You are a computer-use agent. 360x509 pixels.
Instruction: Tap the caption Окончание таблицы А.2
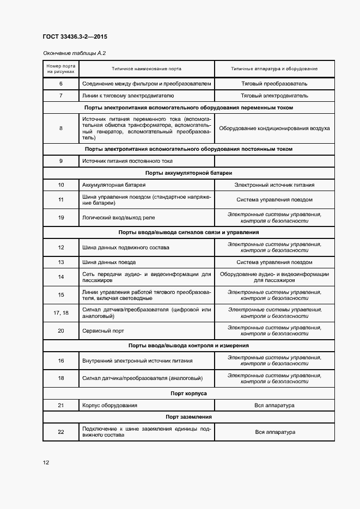point(74,53)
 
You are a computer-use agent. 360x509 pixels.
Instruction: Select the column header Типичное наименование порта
point(147,69)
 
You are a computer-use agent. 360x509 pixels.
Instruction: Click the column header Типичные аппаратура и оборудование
point(274,69)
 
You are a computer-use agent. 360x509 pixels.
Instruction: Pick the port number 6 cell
point(61,84)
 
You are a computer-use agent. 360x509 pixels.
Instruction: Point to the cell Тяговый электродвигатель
point(274,95)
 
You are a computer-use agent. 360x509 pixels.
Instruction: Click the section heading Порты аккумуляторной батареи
point(188,173)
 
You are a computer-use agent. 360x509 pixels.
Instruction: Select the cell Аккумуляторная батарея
point(109,185)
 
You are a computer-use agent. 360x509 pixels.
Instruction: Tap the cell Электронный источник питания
point(274,185)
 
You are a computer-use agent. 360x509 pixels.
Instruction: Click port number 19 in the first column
point(61,217)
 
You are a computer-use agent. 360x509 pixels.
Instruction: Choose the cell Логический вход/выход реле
point(118,217)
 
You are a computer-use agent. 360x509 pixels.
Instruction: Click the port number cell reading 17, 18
point(61,312)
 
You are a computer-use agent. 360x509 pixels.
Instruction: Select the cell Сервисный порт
point(103,330)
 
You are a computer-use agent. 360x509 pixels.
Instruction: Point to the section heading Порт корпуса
point(188,393)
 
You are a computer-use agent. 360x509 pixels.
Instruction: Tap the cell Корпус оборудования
point(109,406)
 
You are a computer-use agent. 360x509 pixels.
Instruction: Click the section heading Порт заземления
point(188,417)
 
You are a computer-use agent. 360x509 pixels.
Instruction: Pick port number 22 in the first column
point(61,432)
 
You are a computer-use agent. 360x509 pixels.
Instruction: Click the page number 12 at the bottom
point(46,463)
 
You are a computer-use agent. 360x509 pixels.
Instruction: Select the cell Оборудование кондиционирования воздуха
point(274,128)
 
